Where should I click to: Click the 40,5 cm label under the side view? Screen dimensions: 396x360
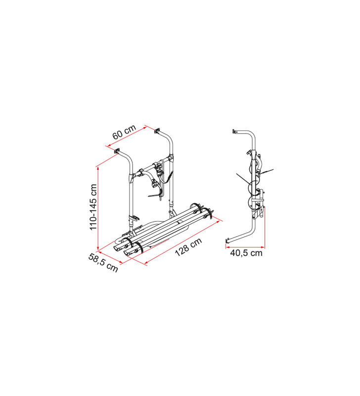(x=246, y=253)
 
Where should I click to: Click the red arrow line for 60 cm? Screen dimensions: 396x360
(x=127, y=137)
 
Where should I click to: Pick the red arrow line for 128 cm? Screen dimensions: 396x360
(x=183, y=241)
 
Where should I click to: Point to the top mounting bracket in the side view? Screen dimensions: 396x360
(x=233, y=132)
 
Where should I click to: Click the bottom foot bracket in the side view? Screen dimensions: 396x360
(x=227, y=241)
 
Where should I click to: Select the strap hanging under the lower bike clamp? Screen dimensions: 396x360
(x=155, y=197)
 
